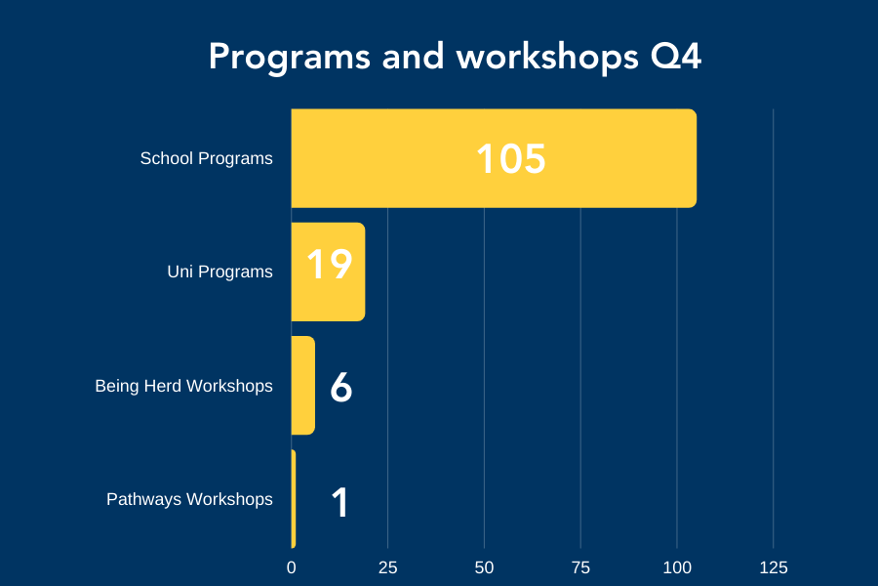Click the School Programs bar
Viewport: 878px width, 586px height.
pos(494,158)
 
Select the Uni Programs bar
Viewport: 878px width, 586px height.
pos(328,272)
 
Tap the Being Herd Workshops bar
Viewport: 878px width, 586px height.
pos(303,385)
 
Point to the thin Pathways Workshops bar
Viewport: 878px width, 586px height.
pos(294,498)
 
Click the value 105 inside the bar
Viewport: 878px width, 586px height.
pos(510,158)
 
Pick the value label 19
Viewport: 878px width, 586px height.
pos(330,264)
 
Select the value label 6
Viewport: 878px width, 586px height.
pos(341,387)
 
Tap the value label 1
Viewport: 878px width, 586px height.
pos(339,502)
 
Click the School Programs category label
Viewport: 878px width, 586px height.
pos(207,158)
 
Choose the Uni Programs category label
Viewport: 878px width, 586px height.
pos(220,272)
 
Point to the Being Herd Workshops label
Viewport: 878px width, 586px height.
pos(184,386)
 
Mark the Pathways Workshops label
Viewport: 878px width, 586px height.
pos(190,499)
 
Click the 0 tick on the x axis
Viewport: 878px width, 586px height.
pos(291,567)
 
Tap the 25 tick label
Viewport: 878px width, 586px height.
pos(387,567)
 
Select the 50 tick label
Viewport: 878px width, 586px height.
pos(484,567)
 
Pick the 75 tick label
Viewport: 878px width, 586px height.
pos(580,567)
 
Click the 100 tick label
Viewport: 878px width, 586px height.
pos(677,567)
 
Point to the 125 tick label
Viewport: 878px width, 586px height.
pos(774,567)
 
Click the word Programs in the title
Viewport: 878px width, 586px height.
pos(290,58)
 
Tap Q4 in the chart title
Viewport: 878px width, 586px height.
pos(676,56)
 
